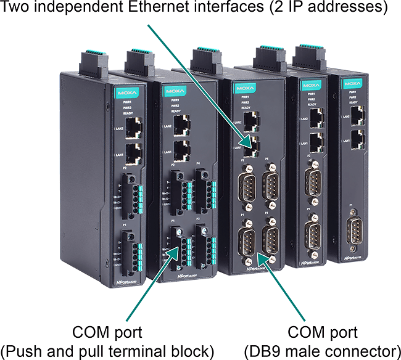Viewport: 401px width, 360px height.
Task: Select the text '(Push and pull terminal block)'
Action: (x=108, y=351)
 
